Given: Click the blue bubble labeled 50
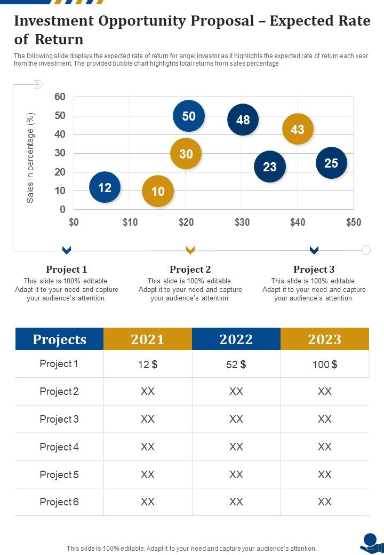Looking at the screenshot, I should pyautogui.click(x=189, y=116).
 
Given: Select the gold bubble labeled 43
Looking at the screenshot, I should pyautogui.click(x=298, y=129).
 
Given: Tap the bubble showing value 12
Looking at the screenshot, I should pyautogui.click(x=105, y=187).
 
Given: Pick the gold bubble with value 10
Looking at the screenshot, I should pyautogui.click(x=158, y=191).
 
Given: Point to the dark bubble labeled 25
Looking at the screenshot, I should pyautogui.click(x=331, y=163).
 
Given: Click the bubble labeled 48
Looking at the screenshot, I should pyautogui.click(x=243, y=120).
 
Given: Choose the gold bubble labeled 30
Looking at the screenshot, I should pyautogui.click(x=186, y=154).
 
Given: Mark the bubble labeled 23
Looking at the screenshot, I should pyautogui.click(x=270, y=166).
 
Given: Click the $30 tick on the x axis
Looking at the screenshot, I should pyautogui.click(x=242, y=223).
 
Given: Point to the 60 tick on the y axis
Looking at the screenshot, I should pyautogui.click(x=60, y=97).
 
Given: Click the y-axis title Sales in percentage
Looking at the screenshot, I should pyautogui.click(x=30, y=157).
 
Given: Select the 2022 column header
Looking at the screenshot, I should pyautogui.click(x=236, y=339).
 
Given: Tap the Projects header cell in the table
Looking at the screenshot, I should pyautogui.click(x=59, y=339).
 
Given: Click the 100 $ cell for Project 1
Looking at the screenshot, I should pyautogui.click(x=324, y=364).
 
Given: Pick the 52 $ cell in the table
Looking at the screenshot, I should pyautogui.click(x=236, y=364).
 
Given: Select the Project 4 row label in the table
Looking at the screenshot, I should pyautogui.click(x=59, y=447).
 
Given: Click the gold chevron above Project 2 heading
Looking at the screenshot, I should pyautogui.click(x=190, y=250).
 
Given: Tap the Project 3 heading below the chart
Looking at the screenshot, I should pyautogui.click(x=314, y=269).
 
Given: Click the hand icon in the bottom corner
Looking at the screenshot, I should pyautogui.click(x=372, y=543).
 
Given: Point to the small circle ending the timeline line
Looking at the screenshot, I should pyautogui.click(x=366, y=250).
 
